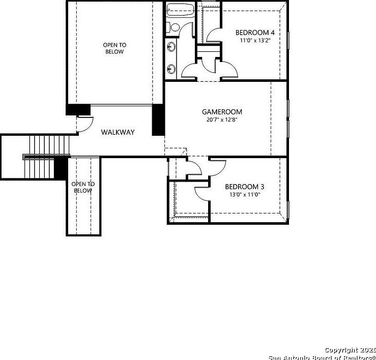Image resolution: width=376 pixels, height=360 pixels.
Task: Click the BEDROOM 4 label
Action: (255, 33)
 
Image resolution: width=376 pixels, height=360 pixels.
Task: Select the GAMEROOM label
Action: (222, 112)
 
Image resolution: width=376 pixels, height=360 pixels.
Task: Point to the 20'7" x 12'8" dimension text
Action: (222, 120)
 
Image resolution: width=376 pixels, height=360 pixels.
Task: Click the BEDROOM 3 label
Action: (245, 187)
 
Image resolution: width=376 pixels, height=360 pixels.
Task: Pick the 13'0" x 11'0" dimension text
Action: (245, 194)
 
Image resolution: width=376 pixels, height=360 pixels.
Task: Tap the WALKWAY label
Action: (118, 132)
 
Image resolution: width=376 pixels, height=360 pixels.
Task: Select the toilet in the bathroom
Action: (173, 27)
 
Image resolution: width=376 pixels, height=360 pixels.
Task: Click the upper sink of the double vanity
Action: (172, 47)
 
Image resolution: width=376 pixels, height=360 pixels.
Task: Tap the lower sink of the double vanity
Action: (172, 68)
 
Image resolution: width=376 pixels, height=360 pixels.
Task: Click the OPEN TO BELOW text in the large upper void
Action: (114, 48)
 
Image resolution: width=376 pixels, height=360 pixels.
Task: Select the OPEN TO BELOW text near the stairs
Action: (83, 187)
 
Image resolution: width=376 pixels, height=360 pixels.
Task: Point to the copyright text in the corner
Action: (324, 354)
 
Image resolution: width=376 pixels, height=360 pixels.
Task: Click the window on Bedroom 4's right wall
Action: (288, 46)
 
